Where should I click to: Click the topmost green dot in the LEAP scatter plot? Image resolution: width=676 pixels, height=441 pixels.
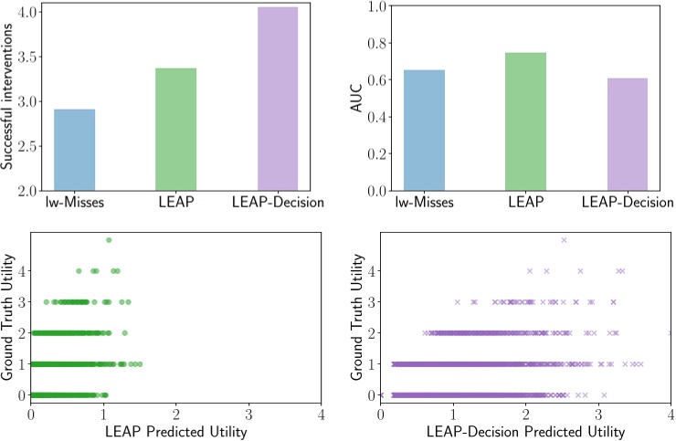(109, 240)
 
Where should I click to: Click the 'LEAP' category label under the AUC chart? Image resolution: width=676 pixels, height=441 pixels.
(525, 200)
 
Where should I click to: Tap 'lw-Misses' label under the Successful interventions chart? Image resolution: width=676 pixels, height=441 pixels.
(74, 200)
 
